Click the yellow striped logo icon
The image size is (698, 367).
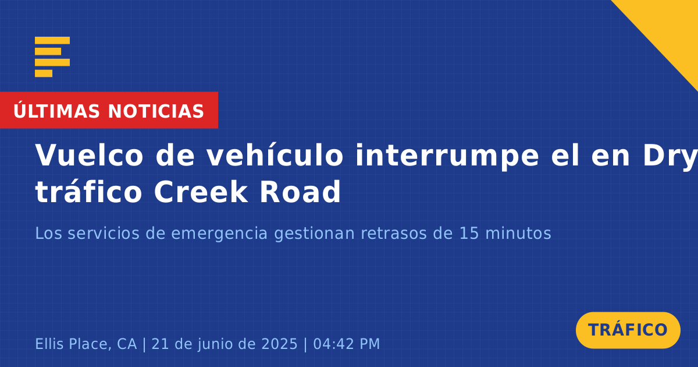click(x=52, y=57)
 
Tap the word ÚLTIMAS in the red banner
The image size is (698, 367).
click(x=56, y=111)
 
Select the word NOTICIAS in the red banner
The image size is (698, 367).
click(x=156, y=111)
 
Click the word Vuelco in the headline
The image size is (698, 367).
click(x=89, y=156)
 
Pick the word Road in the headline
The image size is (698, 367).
click(x=300, y=192)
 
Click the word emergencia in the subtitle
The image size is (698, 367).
click(x=219, y=234)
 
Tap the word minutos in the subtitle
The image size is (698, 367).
click(x=518, y=234)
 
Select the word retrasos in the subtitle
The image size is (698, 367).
click(x=394, y=234)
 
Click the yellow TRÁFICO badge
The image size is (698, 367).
click(x=628, y=330)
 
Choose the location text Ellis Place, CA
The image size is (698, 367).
click(x=86, y=344)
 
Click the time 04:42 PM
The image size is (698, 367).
click(x=347, y=344)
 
